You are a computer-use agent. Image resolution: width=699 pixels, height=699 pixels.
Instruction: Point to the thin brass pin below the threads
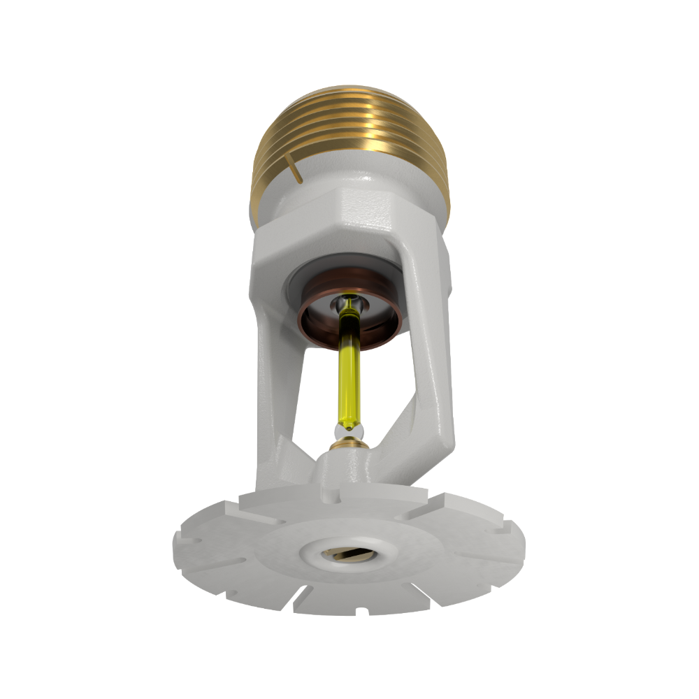(x=298, y=171)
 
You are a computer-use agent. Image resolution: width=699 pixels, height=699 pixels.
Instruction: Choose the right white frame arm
(x=433, y=377)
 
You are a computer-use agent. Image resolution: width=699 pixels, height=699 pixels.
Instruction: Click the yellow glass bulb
(x=347, y=377)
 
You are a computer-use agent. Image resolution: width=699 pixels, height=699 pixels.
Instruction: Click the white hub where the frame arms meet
(x=347, y=465)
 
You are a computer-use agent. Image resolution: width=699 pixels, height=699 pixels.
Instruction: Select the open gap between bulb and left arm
(x=315, y=391)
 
